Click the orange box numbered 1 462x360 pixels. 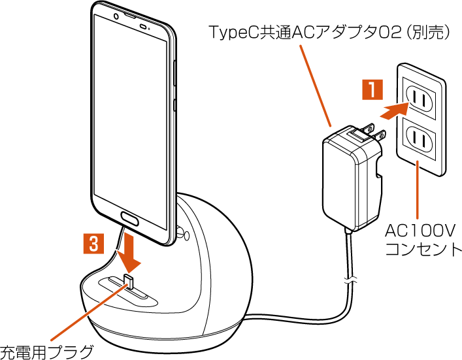pyautogui.click(x=372, y=88)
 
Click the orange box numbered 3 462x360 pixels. pyautogui.click(x=95, y=244)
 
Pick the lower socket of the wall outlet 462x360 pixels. pyautogui.click(x=419, y=138)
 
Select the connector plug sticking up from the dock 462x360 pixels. pyautogui.click(x=128, y=282)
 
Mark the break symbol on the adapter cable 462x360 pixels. pyautogui.click(x=351, y=282)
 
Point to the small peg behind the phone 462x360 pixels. pyautogui.click(x=183, y=232)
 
